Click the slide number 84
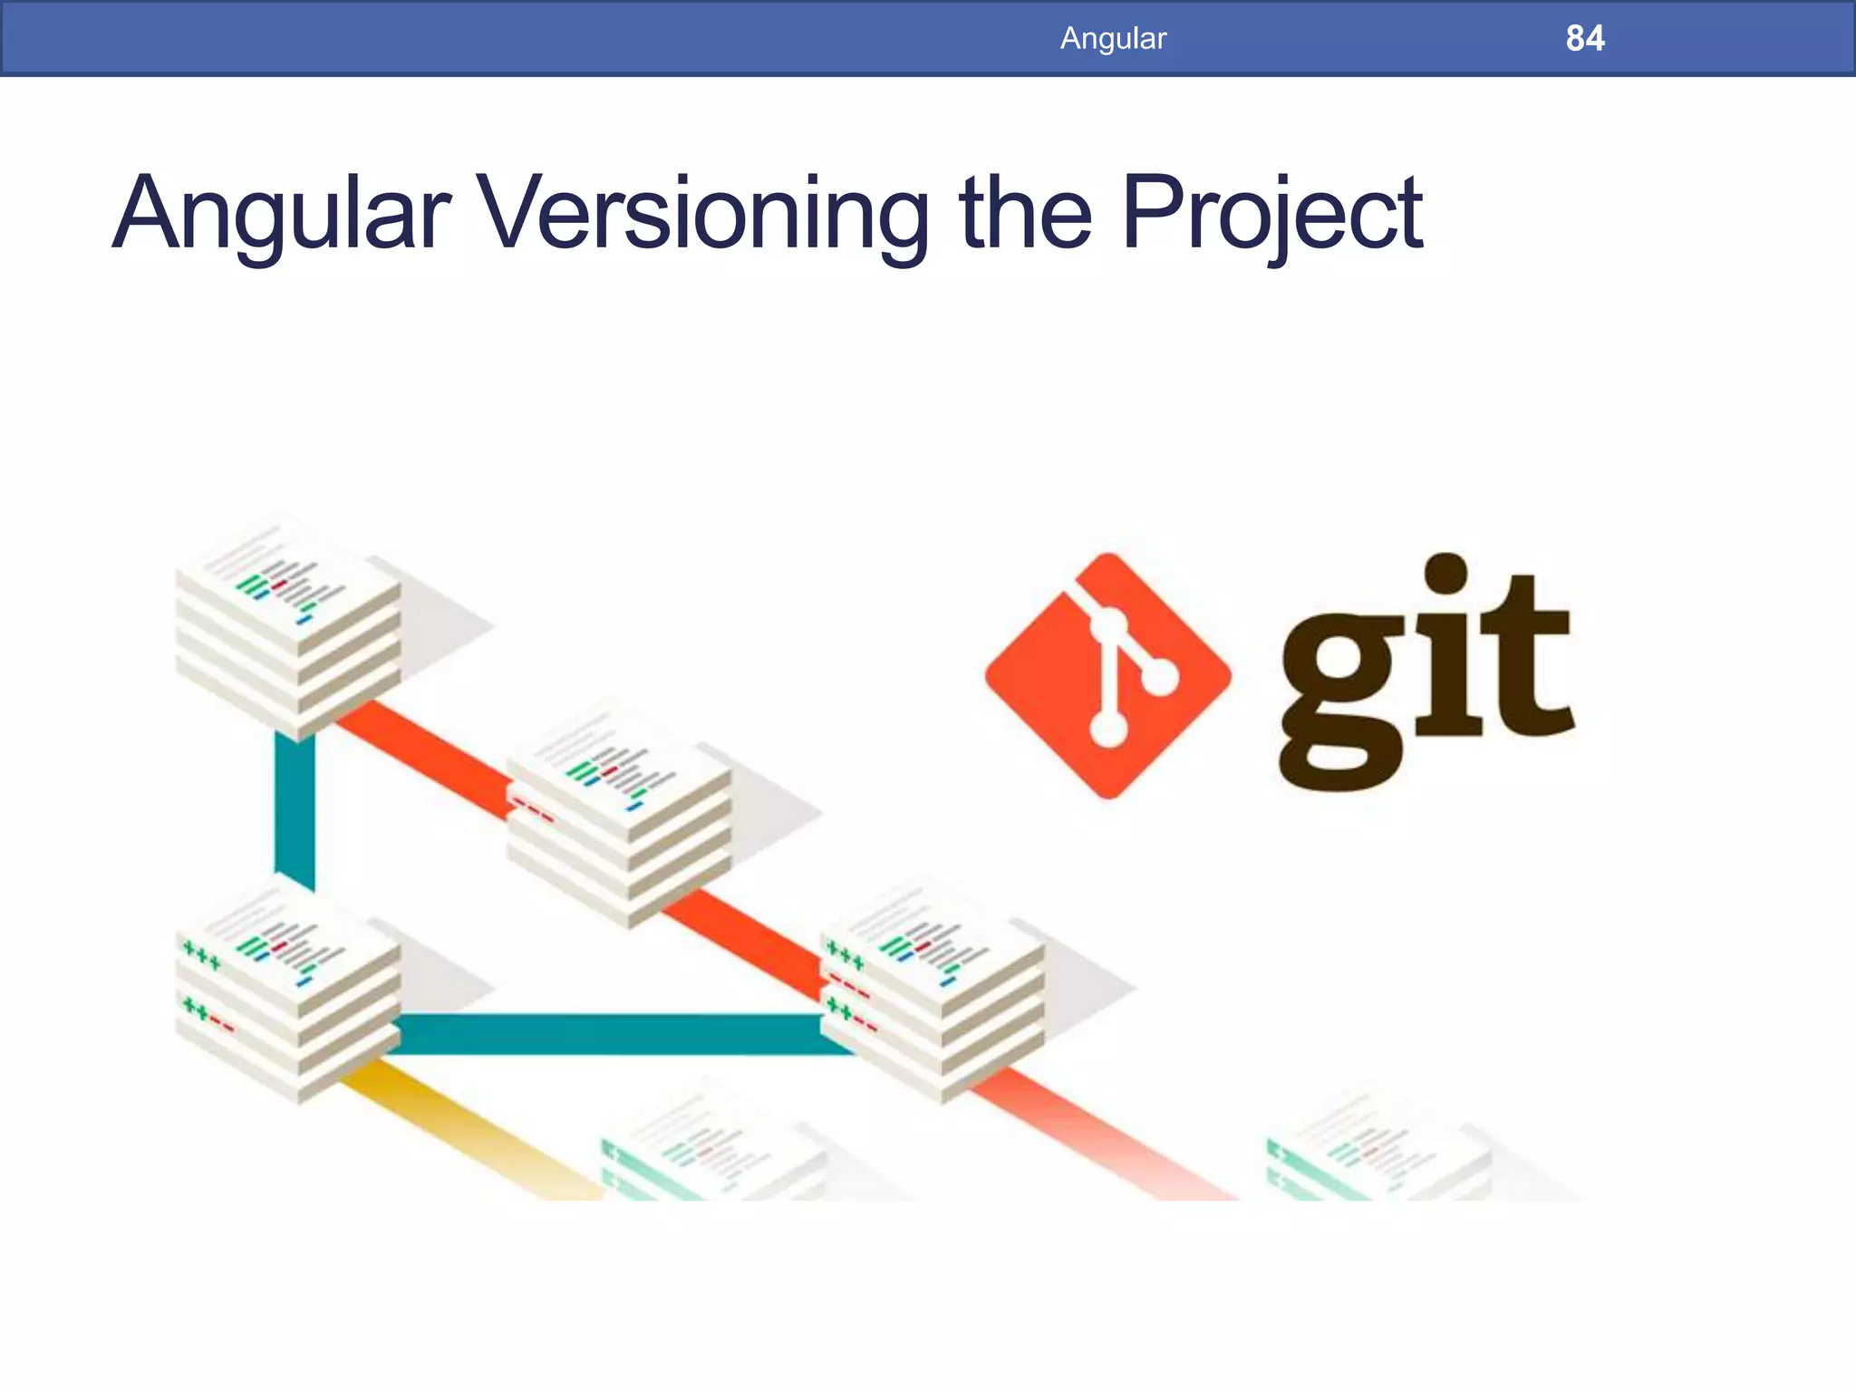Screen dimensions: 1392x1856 click(1584, 38)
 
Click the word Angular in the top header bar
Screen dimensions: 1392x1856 click(1113, 38)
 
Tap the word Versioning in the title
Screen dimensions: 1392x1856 click(703, 214)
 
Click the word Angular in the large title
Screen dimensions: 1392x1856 click(281, 216)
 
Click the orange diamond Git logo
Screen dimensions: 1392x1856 click(1107, 676)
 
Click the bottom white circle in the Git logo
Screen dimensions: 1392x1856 click(1107, 728)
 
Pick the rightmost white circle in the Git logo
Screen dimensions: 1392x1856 click(1159, 676)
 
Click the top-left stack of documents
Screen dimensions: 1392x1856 click(288, 625)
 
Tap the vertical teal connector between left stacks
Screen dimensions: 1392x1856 click(295, 811)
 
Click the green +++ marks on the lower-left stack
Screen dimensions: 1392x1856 click(200, 955)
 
